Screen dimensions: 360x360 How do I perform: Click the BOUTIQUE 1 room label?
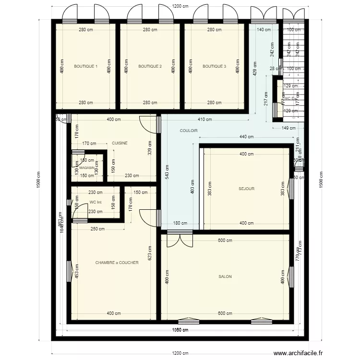point(85,66)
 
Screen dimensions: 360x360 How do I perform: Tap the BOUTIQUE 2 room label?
point(150,66)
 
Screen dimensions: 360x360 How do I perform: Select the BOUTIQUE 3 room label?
point(214,66)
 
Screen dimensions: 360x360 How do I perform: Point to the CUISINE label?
point(120,143)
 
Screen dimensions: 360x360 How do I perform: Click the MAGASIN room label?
point(87,168)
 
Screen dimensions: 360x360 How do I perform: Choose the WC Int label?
point(96,202)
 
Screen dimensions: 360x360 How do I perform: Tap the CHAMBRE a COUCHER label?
point(117,263)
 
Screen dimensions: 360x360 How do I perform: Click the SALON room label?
point(225,276)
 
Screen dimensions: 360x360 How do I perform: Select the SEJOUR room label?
point(246,189)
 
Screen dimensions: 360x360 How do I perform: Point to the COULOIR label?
point(189,131)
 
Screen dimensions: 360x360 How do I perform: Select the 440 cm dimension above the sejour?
point(246,137)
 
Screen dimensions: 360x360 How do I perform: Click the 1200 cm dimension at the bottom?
point(180,353)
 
